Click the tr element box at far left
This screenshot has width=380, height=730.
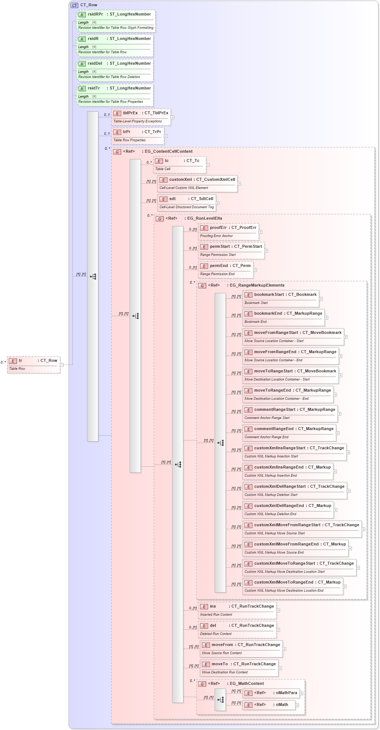(x=34, y=364)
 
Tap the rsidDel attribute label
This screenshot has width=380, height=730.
(x=95, y=64)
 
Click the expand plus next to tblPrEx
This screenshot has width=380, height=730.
(x=172, y=117)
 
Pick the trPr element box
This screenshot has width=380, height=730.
(x=138, y=136)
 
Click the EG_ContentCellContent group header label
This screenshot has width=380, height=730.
(x=169, y=151)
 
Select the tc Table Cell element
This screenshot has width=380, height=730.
(x=179, y=164)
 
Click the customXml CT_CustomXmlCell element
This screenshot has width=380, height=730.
(x=197, y=183)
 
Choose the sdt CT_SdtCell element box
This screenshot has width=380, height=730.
(x=187, y=203)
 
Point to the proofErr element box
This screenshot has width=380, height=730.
(x=228, y=231)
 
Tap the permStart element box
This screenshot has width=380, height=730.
(x=231, y=250)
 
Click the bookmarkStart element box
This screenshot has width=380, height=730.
(x=281, y=298)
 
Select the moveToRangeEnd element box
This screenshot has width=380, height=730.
(x=288, y=394)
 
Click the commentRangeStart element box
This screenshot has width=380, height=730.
(x=290, y=413)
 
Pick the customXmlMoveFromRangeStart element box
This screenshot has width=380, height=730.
(x=302, y=529)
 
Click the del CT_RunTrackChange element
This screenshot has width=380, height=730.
(x=237, y=629)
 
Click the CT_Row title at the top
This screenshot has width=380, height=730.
(x=89, y=5)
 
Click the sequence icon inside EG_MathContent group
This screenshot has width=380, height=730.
(x=220, y=700)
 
